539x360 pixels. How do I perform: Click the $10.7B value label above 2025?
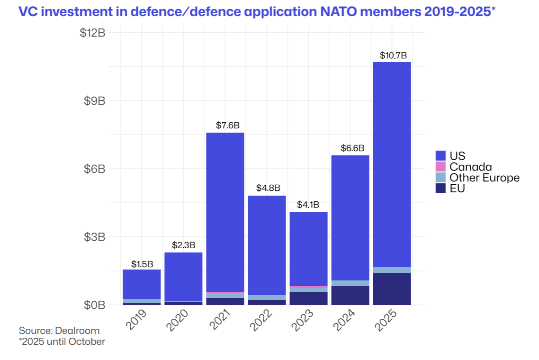click(393, 56)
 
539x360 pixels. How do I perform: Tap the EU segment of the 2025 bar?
click(392, 288)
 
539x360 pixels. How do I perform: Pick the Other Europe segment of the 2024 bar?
click(350, 283)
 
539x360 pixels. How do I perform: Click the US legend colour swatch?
click(440, 156)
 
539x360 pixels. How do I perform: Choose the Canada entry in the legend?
click(470, 167)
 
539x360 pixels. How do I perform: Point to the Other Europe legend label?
click(485, 178)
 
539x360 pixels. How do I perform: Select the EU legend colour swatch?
click(440, 189)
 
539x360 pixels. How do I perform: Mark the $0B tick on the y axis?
click(95, 305)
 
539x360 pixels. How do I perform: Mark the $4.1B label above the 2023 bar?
click(308, 206)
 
